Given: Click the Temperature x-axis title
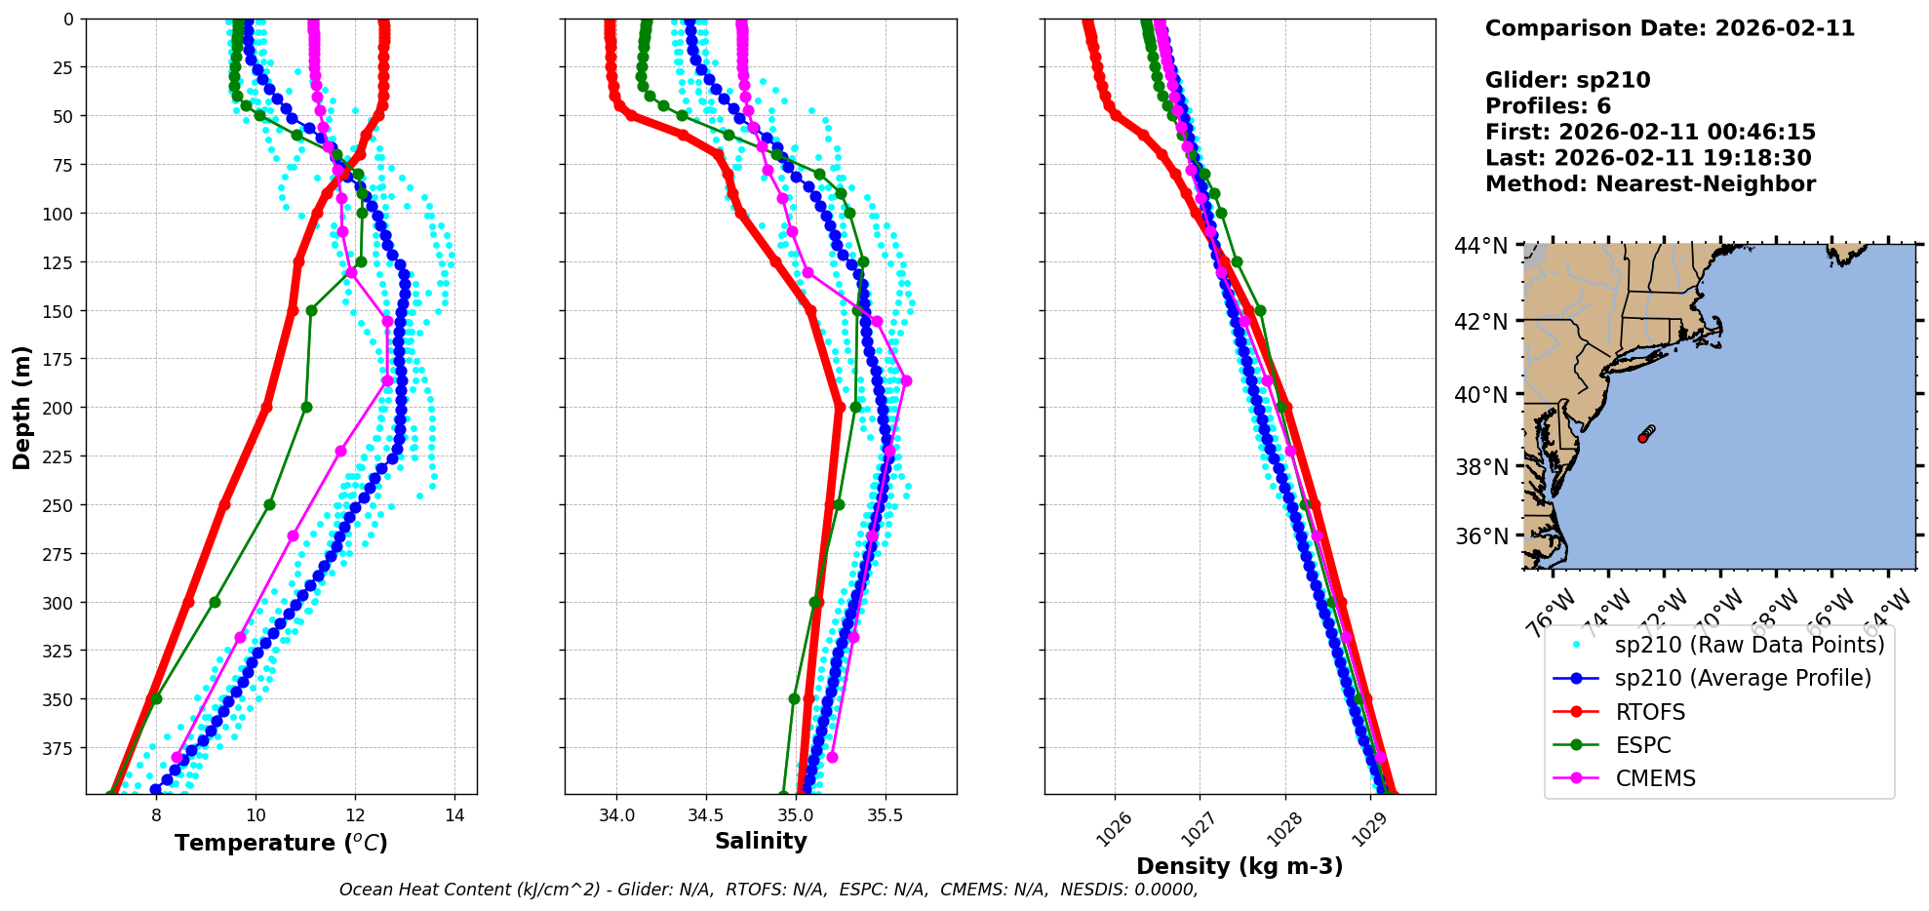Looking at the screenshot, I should (x=281, y=843).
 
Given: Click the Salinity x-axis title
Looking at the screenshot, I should (x=761, y=841).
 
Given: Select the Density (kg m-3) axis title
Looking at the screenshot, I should (x=1240, y=866).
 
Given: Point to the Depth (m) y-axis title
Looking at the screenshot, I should (x=21, y=407).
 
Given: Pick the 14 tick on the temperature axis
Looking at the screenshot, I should (x=454, y=815).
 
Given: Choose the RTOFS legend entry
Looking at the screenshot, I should (x=1650, y=712).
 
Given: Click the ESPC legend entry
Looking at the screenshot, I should (x=1643, y=745).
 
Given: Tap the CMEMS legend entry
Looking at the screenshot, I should (x=1655, y=778).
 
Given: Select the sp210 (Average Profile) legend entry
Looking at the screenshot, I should (x=1743, y=678).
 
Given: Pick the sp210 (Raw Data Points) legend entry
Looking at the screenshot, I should (x=1750, y=645).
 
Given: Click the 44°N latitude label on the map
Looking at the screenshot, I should (x=1481, y=246).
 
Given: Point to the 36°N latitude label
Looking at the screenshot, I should (x=1481, y=536).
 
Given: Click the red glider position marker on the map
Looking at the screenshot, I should (x=1643, y=438).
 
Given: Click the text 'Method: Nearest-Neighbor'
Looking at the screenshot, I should (x=1650, y=184).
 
